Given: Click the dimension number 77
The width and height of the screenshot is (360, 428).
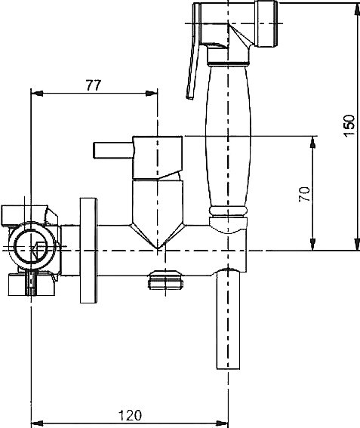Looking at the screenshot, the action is coord(94,85).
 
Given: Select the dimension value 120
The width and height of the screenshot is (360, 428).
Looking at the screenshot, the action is coord(131,415).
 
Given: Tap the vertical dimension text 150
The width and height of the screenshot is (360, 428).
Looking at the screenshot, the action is coord(349,125).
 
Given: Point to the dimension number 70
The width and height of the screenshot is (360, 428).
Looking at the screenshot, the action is coord(304,194).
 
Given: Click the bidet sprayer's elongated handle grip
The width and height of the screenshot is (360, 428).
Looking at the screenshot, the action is coord(228,137).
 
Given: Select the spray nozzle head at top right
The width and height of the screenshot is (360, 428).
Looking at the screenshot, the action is coord(266,23).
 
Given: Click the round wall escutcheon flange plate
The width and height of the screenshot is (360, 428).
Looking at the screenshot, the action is coord(88,251).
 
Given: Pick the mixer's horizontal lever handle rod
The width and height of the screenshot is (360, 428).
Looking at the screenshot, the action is coord(113,150).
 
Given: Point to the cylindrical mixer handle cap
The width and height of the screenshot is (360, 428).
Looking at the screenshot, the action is coord(157,158).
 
